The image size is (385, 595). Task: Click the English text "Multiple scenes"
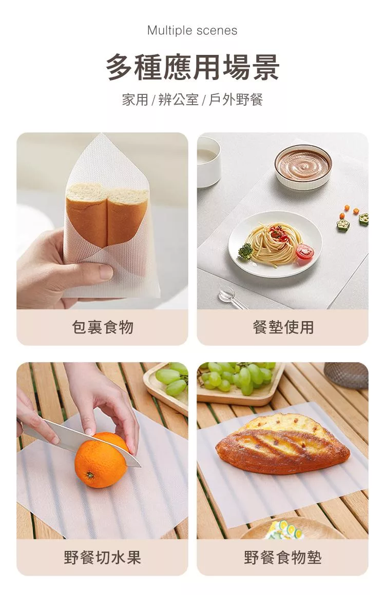tap(192, 30)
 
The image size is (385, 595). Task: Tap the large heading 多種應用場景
tap(192, 67)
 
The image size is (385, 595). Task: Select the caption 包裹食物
tap(103, 327)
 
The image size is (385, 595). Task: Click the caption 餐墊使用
tap(283, 327)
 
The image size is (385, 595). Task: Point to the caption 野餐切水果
tap(103, 557)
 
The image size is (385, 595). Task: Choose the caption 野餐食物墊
tap(283, 557)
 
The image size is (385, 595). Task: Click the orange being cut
tap(101, 460)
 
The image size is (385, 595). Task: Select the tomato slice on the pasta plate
tap(304, 251)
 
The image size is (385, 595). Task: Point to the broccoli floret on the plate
tap(245, 251)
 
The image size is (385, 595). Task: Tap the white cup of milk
tap(208, 162)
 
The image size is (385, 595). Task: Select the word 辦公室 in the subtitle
tap(178, 100)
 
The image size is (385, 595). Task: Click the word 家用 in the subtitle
tap(135, 100)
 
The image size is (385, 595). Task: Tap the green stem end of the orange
tap(90, 474)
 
